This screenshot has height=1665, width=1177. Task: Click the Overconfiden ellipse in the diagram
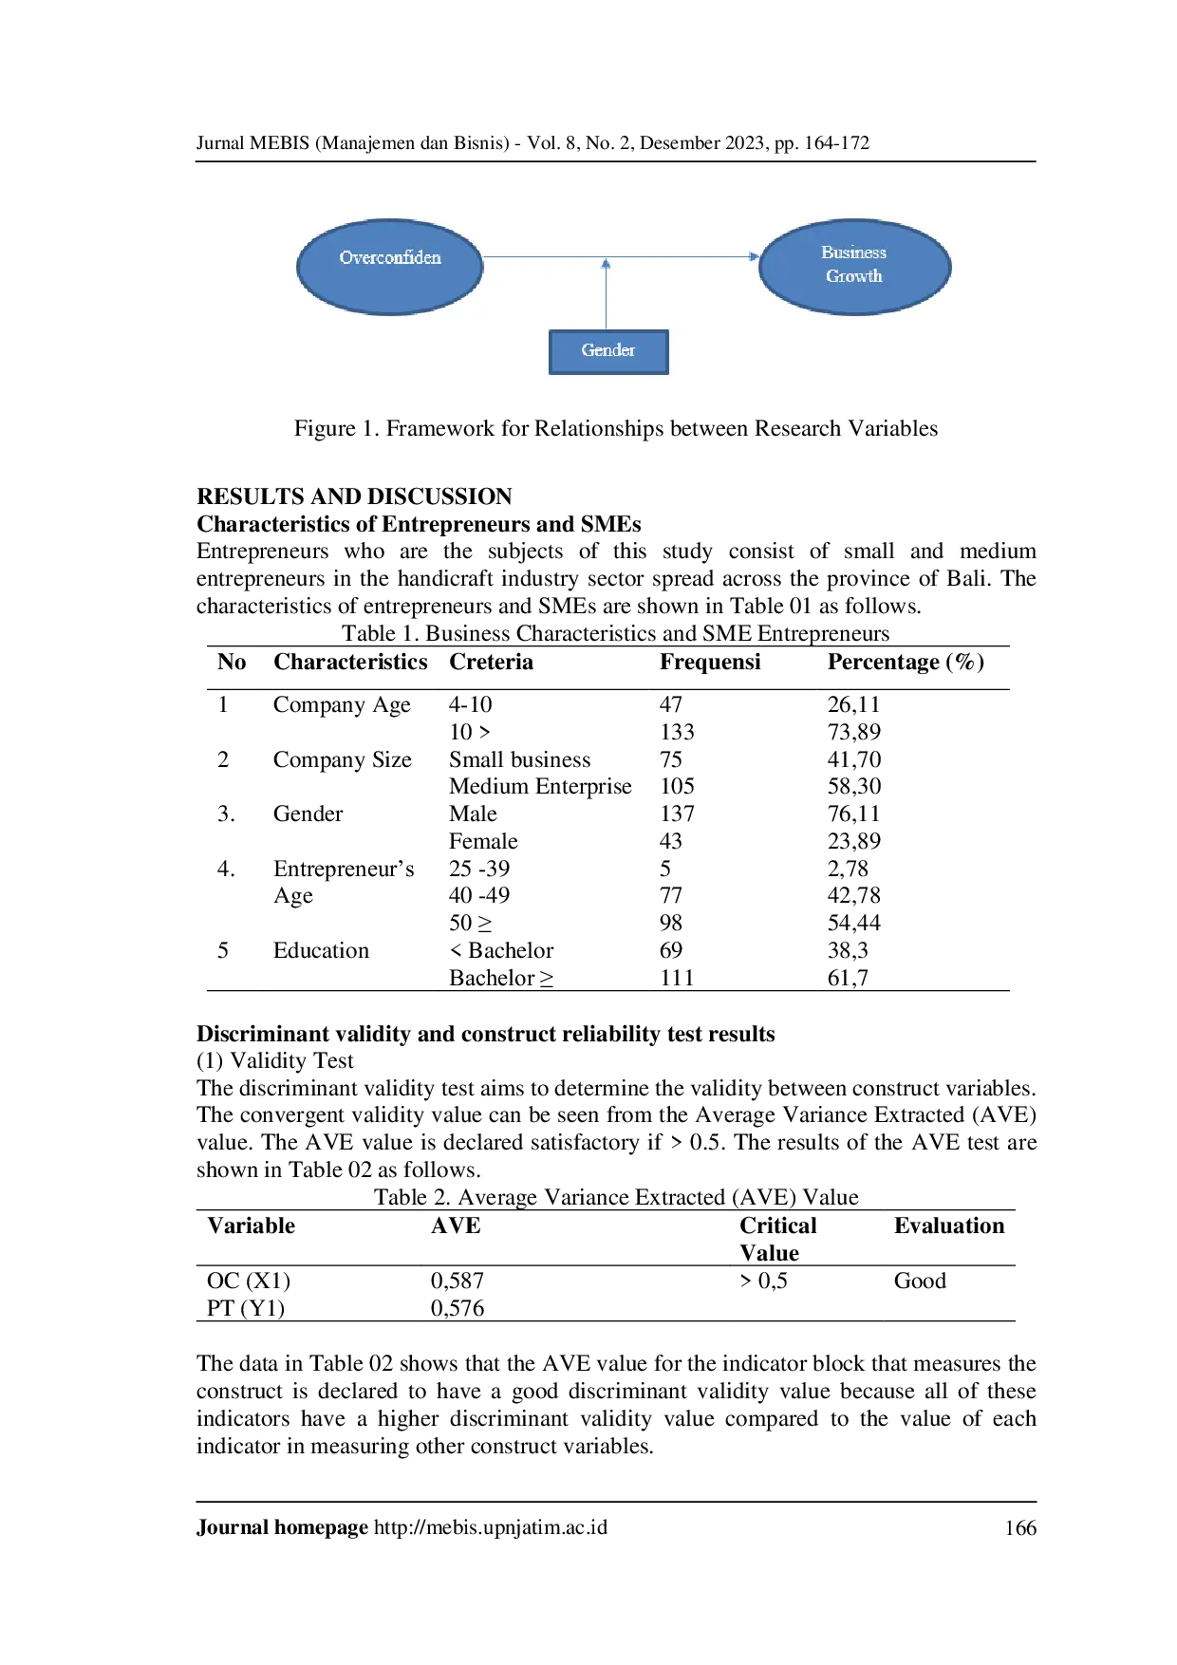tap(390, 267)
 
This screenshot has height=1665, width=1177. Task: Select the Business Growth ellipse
tap(854, 267)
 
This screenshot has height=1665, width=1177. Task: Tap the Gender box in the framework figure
tap(608, 351)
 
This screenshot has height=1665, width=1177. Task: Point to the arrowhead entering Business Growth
tap(754, 256)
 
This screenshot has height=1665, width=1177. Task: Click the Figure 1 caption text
tap(616, 428)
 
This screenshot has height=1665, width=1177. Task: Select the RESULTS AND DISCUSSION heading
tap(354, 496)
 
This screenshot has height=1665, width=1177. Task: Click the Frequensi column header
tap(710, 662)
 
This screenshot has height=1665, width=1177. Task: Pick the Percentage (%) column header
tap(906, 662)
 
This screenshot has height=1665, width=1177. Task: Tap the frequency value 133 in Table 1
tap(677, 732)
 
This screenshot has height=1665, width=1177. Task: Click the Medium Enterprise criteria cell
tap(540, 786)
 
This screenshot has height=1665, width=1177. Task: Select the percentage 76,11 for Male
tap(853, 814)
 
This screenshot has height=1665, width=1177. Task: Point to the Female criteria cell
tap(483, 841)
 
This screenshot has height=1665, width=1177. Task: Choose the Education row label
tap(321, 950)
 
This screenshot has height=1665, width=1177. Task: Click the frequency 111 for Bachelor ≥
tap(677, 978)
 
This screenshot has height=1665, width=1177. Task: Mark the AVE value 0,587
tap(458, 1281)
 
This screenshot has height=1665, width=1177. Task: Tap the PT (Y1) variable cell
tap(246, 1308)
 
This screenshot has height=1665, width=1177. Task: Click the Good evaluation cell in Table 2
tap(920, 1281)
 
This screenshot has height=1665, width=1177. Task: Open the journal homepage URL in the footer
tap(491, 1527)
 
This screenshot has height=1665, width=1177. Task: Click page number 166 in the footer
tap(1020, 1527)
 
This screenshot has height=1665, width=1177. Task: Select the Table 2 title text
tap(616, 1197)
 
